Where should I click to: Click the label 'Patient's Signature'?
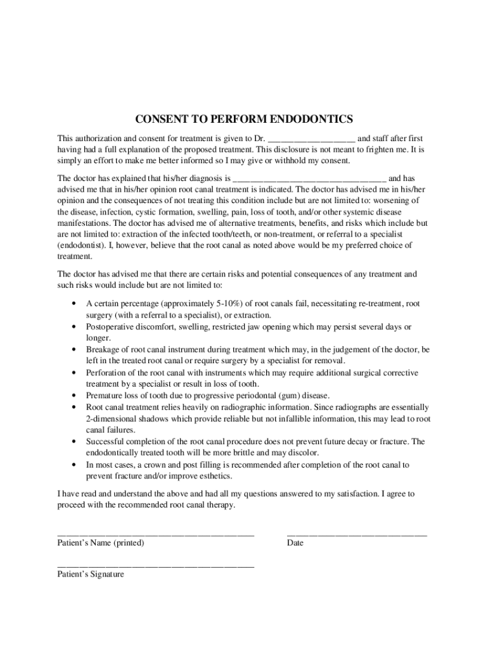(91, 575)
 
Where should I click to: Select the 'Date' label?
(295, 543)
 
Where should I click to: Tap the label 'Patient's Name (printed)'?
(101, 543)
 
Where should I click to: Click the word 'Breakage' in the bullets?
(103, 349)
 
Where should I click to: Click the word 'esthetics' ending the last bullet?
(215, 476)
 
